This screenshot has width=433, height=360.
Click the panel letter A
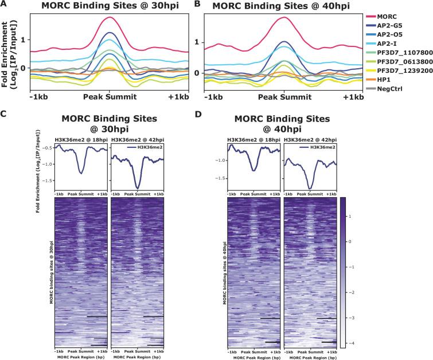pyautogui.click(x=4, y=5)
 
